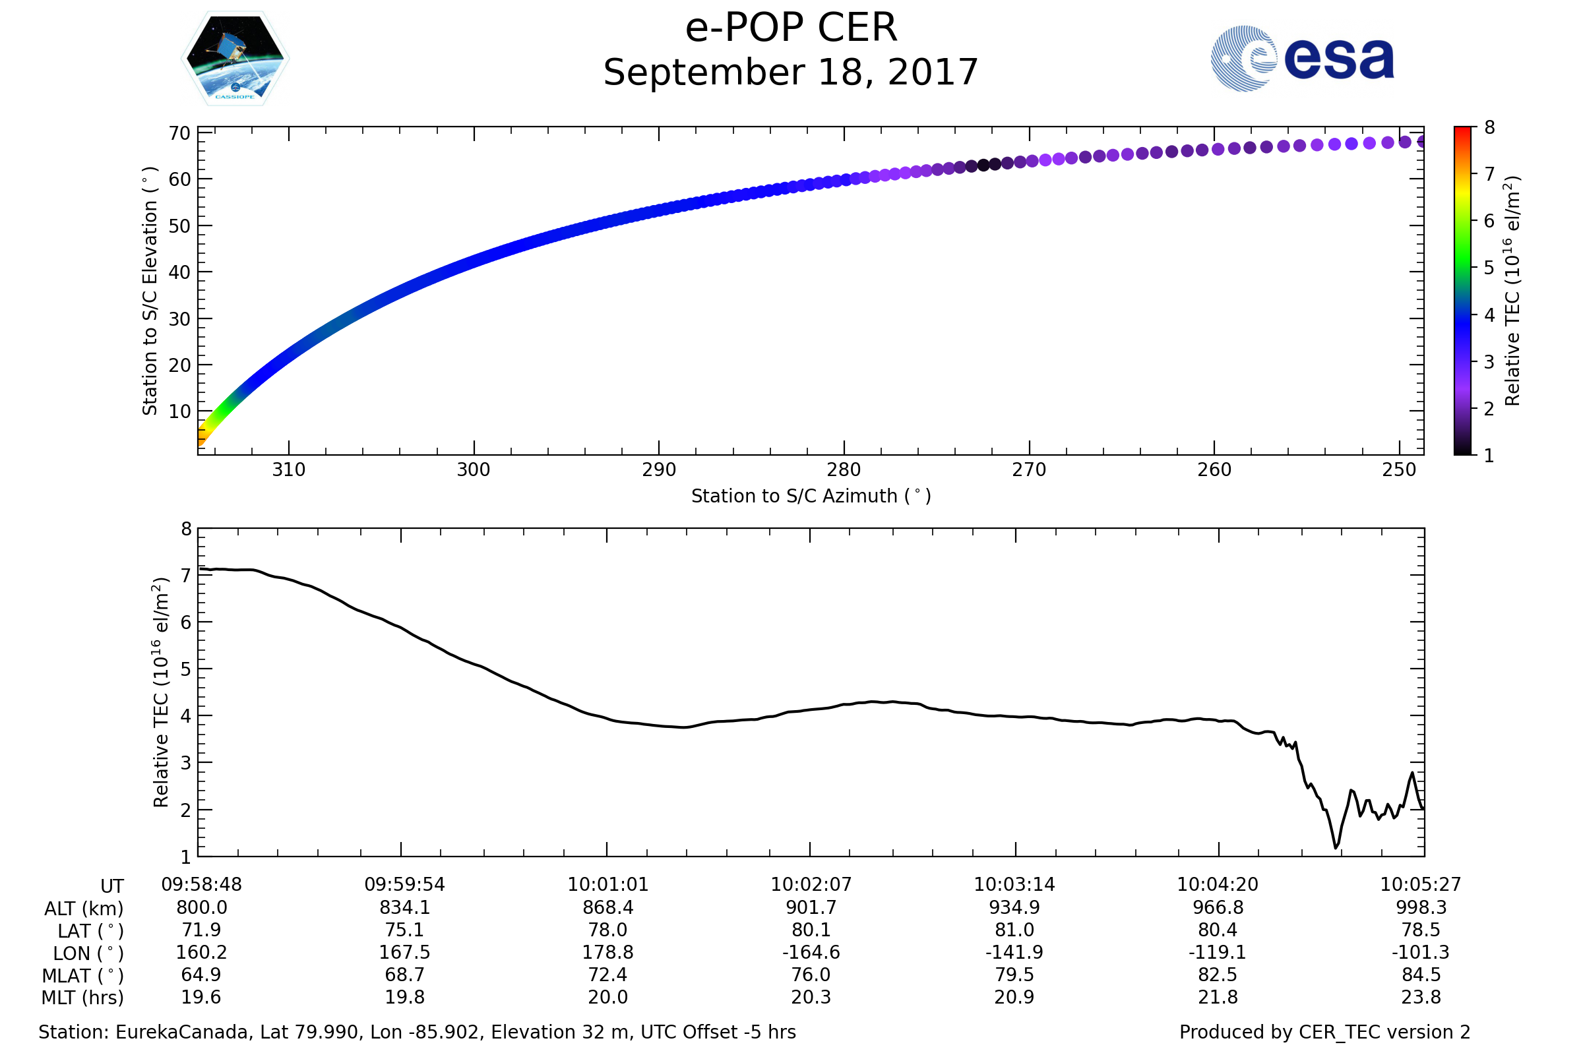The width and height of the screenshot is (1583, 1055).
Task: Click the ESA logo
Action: pyautogui.click(x=1301, y=59)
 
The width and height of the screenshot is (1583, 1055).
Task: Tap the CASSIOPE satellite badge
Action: pyautogui.click(x=235, y=59)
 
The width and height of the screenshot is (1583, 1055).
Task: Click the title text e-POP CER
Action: pyautogui.click(x=791, y=28)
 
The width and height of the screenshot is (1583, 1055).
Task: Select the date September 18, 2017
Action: pyautogui.click(x=791, y=73)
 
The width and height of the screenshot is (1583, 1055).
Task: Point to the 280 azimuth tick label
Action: pyautogui.click(x=844, y=470)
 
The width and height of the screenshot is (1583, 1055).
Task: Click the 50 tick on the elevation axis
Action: pyautogui.click(x=179, y=227)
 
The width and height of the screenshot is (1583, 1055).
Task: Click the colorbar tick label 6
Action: pyautogui.click(x=1489, y=222)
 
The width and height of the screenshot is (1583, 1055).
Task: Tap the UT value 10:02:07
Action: pyautogui.click(x=811, y=885)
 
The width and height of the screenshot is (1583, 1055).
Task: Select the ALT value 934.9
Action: pyautogui.click(x=1014, y=908)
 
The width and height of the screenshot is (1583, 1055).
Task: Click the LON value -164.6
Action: pyautogui.click(x=811, y=953)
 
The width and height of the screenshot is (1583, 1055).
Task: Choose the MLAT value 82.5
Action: pyautogui.click(x=1218, y=975)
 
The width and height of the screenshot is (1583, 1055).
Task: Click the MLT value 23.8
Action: pyautogui.click(x=1421, y=997)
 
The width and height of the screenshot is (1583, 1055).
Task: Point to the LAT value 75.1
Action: pyautogui.click(x=404, y=930)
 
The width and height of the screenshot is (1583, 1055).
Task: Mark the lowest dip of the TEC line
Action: pyautogui.click(x=1336, y=848)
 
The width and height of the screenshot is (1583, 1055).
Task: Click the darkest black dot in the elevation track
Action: pyautogui.click(x=983, y=165)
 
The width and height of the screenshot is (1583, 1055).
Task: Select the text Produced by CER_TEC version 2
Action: pyautogui.click(x=1324, y=1033)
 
